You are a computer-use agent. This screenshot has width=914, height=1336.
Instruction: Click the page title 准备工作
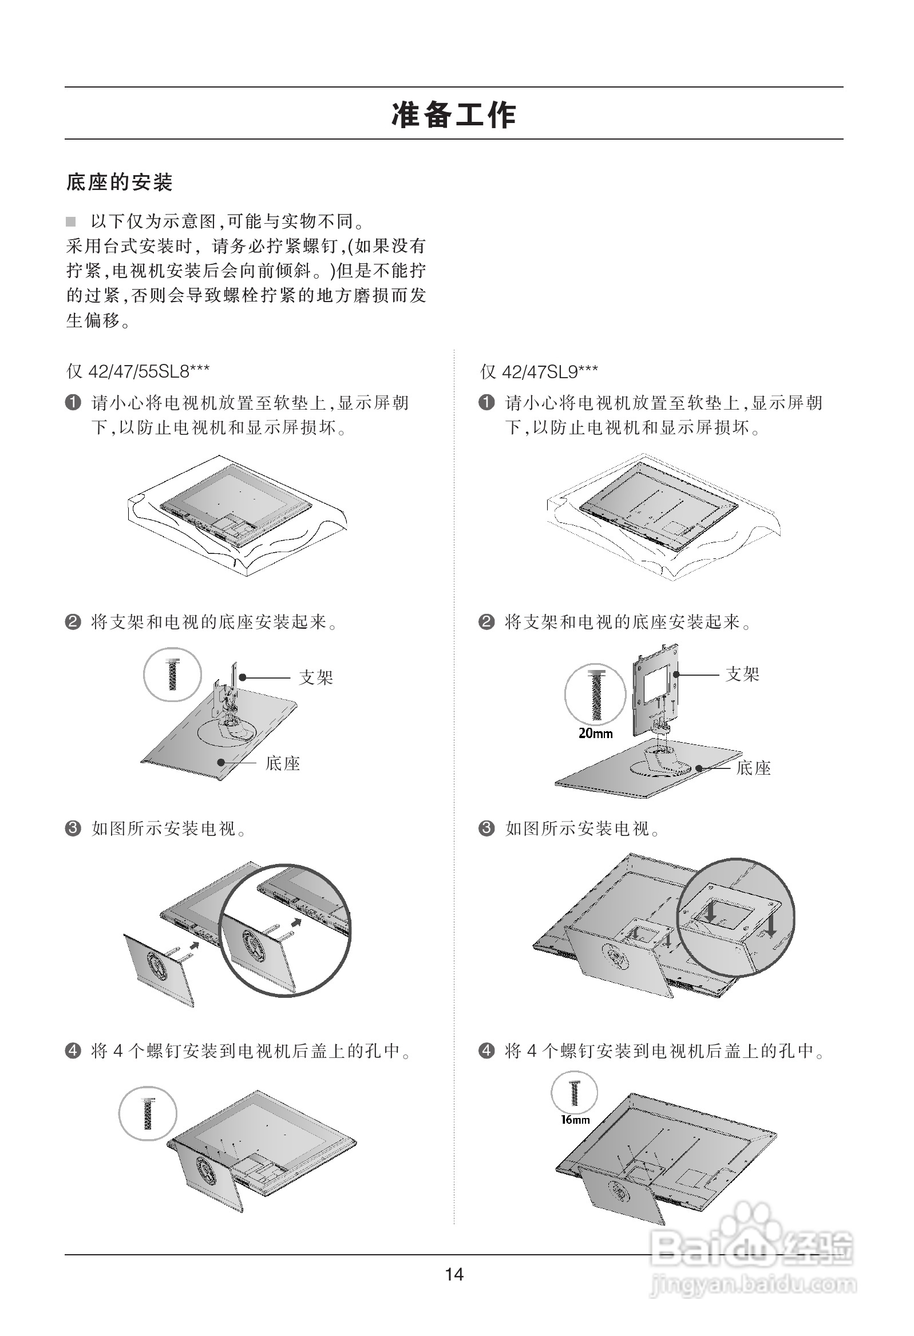pyautogui.click(x=454, y=114)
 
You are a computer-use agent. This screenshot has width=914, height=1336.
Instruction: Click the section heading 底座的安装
pyautogui.click(x=120, y=183)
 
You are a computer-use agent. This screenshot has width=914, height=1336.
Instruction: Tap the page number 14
pyautogui.click(x=454, y=1274)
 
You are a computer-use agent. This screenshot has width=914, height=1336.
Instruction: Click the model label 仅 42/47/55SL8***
pyautogui.click(x=137, y=371)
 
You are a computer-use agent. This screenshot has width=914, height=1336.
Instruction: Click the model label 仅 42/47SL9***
pyautogui.click(x=539, y=371)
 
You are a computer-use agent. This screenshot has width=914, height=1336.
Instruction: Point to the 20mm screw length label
pyautogui.click(x=595, y=734)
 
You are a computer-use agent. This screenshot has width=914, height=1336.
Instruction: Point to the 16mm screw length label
pyautogui.click(x=575, y=1119)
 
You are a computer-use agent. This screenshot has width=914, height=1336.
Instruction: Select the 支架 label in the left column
pyautogui.click(x=316, y=677)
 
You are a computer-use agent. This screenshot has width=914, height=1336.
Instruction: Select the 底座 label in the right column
pyautogui.click(x=753, y=768)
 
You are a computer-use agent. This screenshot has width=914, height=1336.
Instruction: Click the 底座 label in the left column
pyautogui.click(x=282, y=763)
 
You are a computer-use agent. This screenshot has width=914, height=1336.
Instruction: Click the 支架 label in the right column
pyautogui.click(x=742, y=674)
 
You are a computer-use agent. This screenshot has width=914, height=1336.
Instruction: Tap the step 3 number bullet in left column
pyautogui.click(x=73, y=828)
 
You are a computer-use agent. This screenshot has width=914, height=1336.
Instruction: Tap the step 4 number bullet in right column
pyautogui.click(x=486, y=1051)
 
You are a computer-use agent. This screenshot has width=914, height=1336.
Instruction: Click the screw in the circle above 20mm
pyautogui.click(x=595, y=695)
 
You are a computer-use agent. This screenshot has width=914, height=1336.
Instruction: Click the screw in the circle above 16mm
pyautogui.click(x=574, y=1093)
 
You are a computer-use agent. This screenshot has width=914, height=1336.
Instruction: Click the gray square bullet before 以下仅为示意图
pyautogui.click(x=71, y=221)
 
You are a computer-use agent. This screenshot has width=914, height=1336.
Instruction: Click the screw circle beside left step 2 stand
pyautogui.click(x=172, y=675)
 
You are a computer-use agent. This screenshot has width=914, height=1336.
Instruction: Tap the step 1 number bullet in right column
pyautogui.click(x=486, y=402)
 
